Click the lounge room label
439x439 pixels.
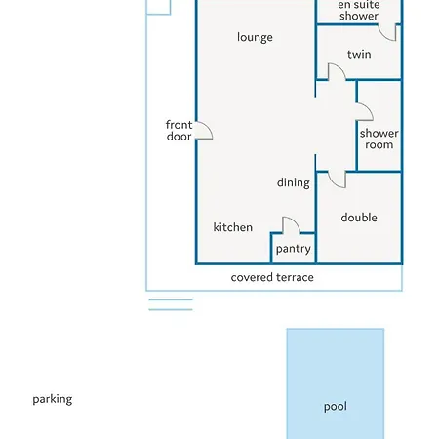point(255,37)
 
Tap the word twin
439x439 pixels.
point(359,54)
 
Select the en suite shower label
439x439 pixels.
point(359,10)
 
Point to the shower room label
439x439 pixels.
point(379,139)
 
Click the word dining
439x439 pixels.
point(294,182)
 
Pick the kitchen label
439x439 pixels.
point(233,227)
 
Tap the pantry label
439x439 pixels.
point(294,249)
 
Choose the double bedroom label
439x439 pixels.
point(359,218)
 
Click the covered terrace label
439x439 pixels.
point(272,277)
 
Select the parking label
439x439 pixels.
point(53,399)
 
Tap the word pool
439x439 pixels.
point(336,407)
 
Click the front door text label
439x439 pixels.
point(179,131)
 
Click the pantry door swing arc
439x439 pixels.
point(296,220)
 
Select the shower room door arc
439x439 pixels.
point(369,108)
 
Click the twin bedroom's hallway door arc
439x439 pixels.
point(341,67)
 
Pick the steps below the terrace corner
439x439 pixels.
point(171,304)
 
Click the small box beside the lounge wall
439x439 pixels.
point(158,7)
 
